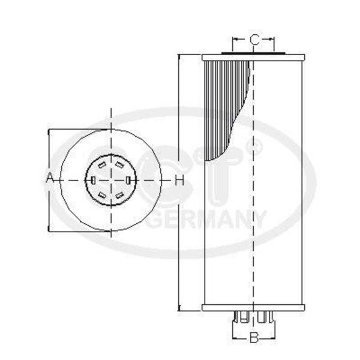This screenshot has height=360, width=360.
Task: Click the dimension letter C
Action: coord(254,40)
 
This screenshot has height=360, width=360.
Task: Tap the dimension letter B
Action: coord(254,338)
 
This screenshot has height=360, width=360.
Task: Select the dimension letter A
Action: coord(49,178)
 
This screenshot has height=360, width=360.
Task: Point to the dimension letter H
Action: coord(180,180)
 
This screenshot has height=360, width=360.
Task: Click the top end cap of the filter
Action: coord(253,58)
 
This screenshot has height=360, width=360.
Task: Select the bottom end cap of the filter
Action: coord(253,308)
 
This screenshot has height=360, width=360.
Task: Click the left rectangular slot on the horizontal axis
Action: coord(93,180)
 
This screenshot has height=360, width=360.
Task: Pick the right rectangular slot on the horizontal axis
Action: coord(128,180)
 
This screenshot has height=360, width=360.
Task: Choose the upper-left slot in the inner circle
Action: coord(102,165)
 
